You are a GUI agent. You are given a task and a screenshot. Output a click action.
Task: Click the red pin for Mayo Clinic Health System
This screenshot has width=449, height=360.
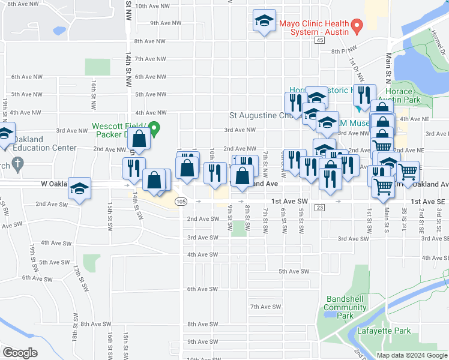click(x=357, y=26)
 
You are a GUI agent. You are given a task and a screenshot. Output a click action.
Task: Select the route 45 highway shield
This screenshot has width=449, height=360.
click(x=319, y=40)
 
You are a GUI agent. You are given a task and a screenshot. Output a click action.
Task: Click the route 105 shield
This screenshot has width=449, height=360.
click(x=181, y=203)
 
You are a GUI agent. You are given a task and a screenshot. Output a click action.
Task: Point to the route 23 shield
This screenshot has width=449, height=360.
click(x=319, y=208)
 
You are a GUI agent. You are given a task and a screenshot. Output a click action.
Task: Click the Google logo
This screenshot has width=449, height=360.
click(x=20, y=353)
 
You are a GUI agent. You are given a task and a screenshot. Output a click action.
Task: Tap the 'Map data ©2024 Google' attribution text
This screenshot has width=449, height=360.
click(x=411, y=355)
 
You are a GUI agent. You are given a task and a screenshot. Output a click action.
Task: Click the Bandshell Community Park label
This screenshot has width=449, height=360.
click(x=345, y=303)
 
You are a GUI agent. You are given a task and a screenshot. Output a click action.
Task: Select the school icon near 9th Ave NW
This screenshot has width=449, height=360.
click(x=264, y=21)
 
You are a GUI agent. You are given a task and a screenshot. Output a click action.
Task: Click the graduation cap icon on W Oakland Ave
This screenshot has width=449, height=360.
click(x=79, y=188)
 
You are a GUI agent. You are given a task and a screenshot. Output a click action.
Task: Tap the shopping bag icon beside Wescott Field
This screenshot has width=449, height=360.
click(x=139, y=139)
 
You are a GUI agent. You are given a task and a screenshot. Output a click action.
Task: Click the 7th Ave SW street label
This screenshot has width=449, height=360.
click(x=266, y=307)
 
